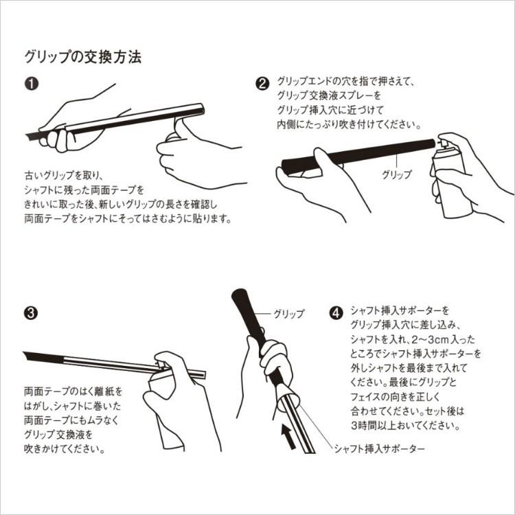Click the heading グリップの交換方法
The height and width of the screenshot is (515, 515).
(83, 57)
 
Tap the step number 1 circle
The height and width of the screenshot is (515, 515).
(32, 84)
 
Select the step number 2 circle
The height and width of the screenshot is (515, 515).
(262, 84)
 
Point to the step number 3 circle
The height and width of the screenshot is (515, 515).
(31, 312)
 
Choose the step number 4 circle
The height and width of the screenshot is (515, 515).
(336, 312)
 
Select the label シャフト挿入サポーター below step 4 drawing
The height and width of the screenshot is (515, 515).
(379, 448)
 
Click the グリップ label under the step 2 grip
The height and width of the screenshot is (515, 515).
(396, 174)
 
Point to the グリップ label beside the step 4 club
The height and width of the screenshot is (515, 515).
(289, 314)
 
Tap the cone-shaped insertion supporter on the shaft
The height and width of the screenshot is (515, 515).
(287, 398)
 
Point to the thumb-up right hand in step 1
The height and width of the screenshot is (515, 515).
(197, 154)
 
